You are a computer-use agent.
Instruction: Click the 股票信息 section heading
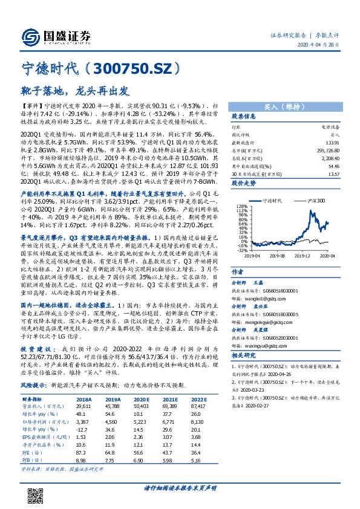click(244, 116)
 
